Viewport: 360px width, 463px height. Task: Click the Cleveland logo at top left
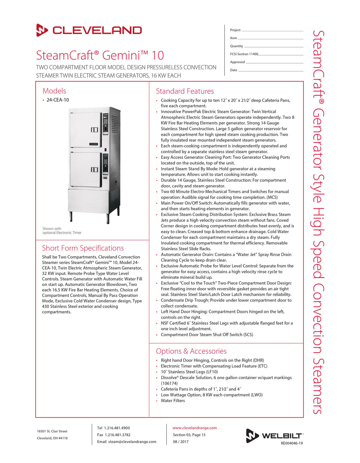89,30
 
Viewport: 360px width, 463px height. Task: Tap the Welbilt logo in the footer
274,436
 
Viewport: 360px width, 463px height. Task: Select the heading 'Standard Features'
185,91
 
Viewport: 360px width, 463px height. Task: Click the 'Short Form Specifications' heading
83,248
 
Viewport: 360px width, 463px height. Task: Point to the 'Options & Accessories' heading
191,351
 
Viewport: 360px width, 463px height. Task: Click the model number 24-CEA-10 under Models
58,100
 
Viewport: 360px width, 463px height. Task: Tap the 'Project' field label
235,30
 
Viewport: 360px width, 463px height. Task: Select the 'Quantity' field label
236,46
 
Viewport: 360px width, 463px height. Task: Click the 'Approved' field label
237,62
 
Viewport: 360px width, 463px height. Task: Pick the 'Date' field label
233,70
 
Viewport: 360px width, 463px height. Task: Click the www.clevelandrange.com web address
194,428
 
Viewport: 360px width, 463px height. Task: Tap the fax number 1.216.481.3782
117,435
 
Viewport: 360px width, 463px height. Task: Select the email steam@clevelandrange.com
132,442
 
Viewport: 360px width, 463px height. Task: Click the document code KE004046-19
291,443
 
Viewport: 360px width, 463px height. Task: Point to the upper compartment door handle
94,130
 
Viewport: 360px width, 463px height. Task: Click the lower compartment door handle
94,170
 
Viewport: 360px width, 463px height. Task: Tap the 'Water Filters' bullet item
173,401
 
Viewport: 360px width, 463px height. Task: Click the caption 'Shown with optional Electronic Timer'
62,231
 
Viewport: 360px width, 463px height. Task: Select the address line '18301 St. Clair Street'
52,431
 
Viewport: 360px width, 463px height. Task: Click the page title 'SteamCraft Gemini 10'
100,56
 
